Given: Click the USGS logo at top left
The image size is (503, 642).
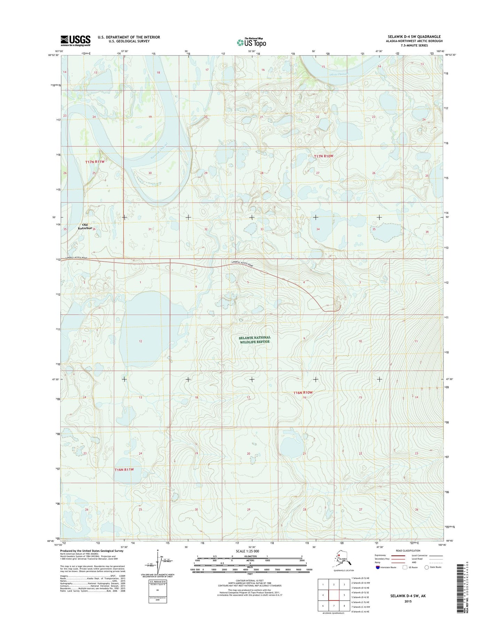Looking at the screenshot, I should point(76,40).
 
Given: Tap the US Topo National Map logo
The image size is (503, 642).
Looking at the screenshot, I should point(251,42).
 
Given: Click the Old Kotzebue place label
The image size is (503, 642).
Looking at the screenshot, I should point(85,226).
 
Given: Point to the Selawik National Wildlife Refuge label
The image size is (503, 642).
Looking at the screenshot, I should point(254,339).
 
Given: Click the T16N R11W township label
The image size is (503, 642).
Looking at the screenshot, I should point(124,469).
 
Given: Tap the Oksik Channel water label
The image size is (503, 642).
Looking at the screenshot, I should point(338,74).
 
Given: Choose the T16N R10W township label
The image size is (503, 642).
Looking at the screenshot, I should point(303,392).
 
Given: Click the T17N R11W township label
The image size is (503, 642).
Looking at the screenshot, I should point(95,162).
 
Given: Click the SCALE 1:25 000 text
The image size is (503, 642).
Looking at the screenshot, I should point(247,551).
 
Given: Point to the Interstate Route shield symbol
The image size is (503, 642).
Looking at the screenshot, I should point(378,567).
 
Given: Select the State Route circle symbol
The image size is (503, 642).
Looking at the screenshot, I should point(426,567).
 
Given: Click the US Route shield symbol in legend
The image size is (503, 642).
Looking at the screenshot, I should point(404,567).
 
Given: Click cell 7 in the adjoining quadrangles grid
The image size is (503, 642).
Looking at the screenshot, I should point(334,605).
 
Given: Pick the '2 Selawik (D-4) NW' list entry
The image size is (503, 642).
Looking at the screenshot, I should point(361,583).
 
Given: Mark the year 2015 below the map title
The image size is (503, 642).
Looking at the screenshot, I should point(408,601).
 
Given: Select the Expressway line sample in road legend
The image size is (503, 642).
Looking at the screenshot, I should point(398,555).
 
